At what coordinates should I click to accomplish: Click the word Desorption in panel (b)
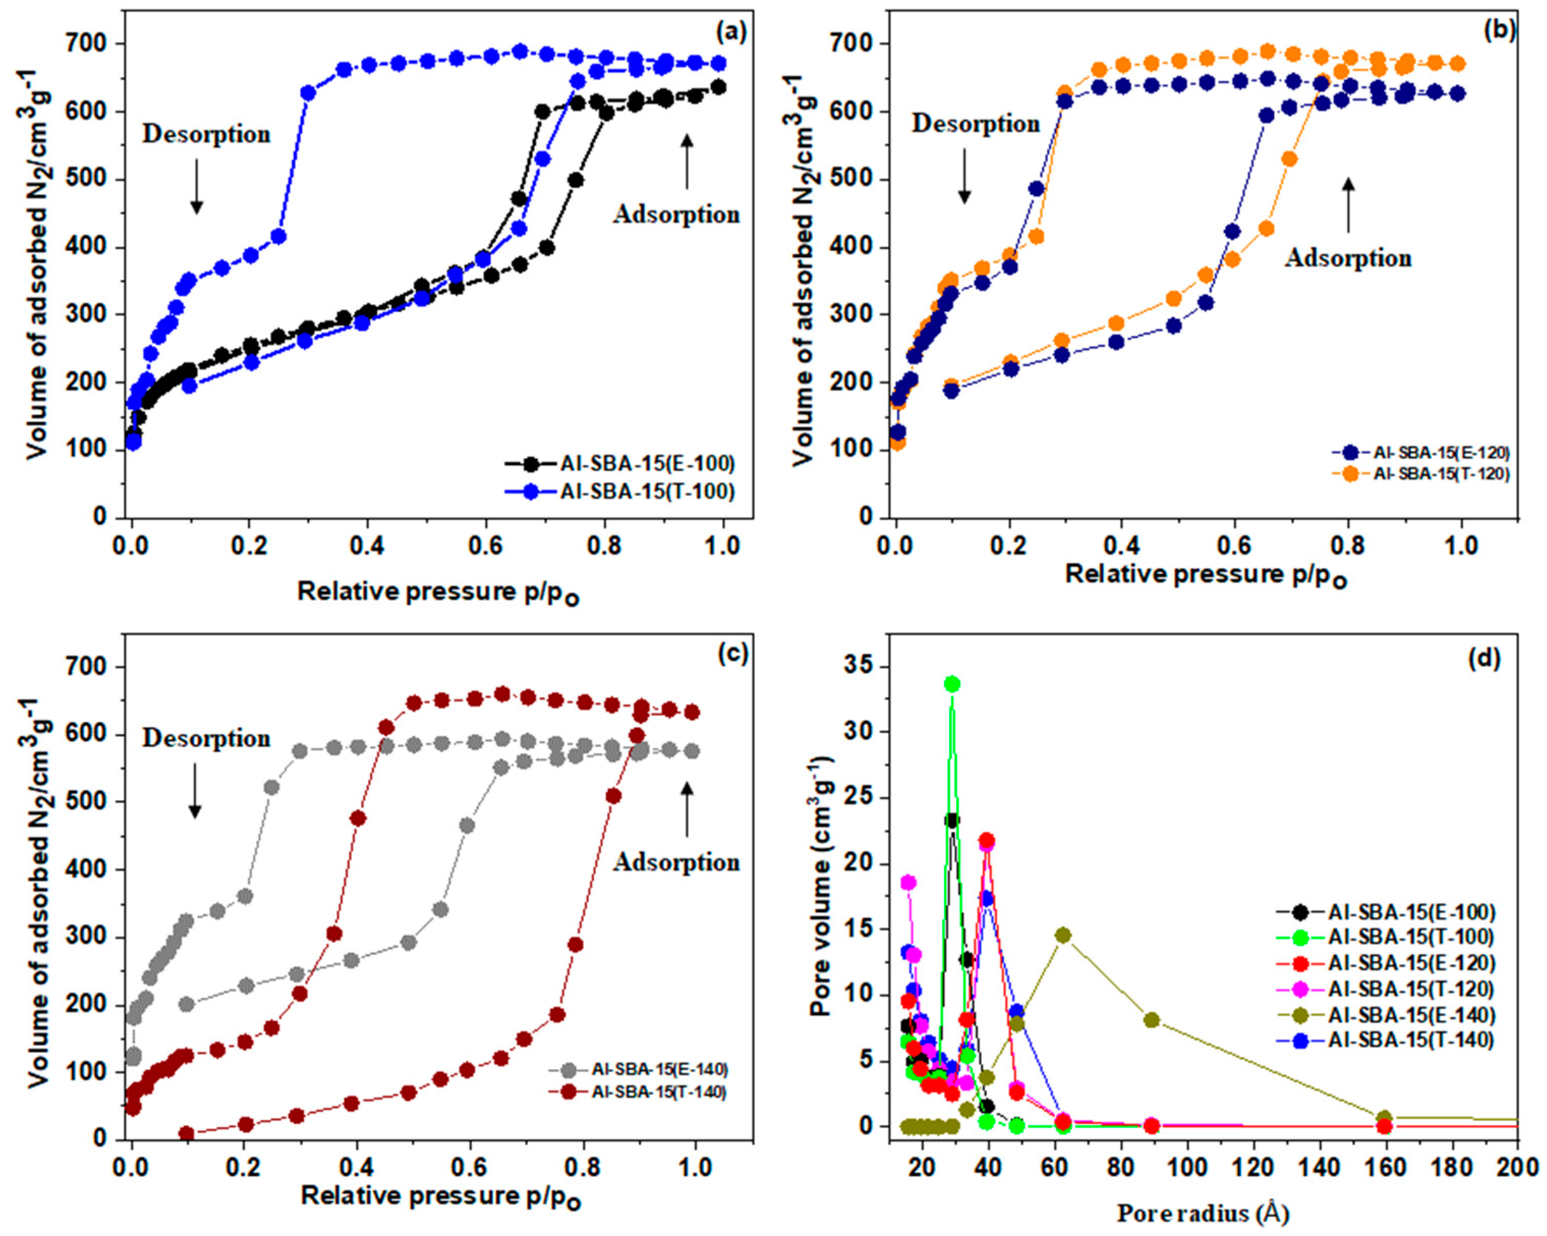[x=975, y=124]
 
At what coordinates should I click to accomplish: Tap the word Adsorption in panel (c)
[x=676, y=862]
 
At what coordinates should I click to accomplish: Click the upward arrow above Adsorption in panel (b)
[x=1348, y=205]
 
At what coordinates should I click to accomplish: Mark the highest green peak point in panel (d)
[x=952, y=684]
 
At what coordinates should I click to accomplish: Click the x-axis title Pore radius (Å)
[x=1202, y=1213]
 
